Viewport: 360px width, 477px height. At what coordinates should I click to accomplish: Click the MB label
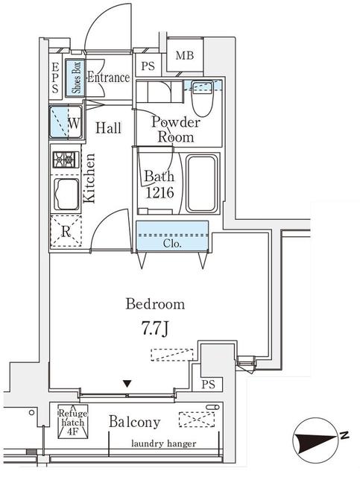point(185,55)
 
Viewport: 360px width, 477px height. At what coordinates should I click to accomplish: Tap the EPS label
point(54,78)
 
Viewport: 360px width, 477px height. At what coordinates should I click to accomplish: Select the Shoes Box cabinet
point(75,78)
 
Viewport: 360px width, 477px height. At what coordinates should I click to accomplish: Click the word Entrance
point(109,78)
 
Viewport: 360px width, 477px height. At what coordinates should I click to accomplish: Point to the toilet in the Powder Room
point(203,98)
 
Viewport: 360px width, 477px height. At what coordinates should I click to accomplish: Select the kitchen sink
point(66,195)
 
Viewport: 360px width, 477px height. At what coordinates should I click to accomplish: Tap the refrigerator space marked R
point(66,230)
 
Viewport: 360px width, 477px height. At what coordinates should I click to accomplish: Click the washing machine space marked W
point(66,121)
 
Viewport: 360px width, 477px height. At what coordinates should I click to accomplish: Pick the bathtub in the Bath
point(202,183)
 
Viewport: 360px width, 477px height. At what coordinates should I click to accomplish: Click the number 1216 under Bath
point(160,192)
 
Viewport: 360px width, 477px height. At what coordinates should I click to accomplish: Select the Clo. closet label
point(172,244)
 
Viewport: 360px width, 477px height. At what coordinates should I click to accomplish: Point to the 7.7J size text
point(154,329)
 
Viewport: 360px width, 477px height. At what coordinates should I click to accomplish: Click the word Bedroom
point(155,304)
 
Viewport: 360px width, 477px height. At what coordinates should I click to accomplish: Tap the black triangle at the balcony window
point(127,384)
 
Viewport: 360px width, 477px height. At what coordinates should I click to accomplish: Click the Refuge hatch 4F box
point(73,421)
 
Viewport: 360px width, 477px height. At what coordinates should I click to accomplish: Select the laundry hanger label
point(164,443)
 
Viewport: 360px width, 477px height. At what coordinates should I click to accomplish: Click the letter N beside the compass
point(344,435)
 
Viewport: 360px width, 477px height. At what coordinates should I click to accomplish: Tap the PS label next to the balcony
point(208,385)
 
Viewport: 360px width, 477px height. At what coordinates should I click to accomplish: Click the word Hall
point(108,127)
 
